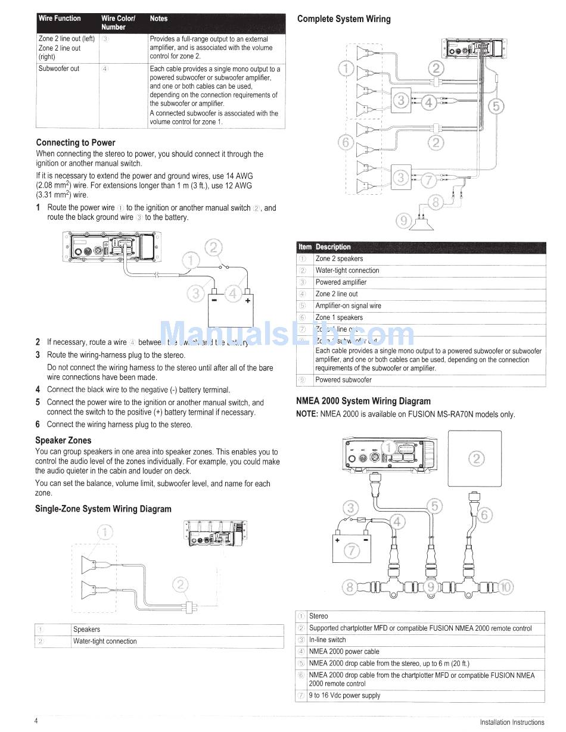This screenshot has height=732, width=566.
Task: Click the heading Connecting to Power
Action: [x=76, y=142]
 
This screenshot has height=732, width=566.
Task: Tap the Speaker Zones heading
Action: [x=63, y=440]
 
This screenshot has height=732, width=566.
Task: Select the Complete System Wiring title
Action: [x=344, y=19]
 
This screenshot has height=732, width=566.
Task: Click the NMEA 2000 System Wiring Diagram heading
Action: [x=363, y=401]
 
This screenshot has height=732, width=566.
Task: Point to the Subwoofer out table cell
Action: [x=59, y=68]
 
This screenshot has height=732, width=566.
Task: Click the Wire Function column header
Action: [x=60, y=18]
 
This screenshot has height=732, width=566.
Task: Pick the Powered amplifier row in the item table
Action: [x=341, y=282]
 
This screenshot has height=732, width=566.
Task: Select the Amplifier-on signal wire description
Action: [x=348, y=306]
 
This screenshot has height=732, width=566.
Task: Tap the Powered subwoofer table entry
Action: [x=343, y=380]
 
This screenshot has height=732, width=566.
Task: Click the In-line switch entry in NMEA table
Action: [x=327, y=640]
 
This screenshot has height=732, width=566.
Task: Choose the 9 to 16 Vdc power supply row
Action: [x=344, y=695]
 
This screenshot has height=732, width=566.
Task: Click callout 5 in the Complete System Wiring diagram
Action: [x=496, y=106]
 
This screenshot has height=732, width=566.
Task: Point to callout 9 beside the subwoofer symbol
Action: [x=404, y=221]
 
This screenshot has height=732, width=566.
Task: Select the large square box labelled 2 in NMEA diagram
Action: [x=475, y=458]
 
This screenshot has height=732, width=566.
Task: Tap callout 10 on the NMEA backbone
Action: [x=505, y=587]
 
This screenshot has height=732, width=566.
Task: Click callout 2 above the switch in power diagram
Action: [x=214, y=247]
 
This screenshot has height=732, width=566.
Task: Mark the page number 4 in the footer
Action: [x=36, y=721]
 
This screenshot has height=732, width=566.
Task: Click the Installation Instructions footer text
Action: [x=512, y=722]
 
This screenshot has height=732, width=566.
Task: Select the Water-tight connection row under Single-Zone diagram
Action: [x=105, y=641]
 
